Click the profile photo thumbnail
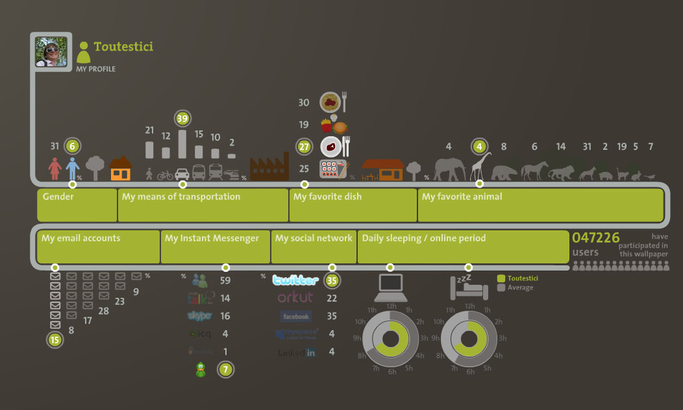click(x=51, y=53)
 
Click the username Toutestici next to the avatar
click(x=123, y=47)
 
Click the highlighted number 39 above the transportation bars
click(x=182, y=118)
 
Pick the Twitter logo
click(x=295, y=281)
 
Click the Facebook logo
click(x=295, y=317)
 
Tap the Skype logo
click(x=200, y=316)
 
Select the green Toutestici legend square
click(x=501, y=278)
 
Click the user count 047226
click(x=595, y=238)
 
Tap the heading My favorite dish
click(x=328, y=197)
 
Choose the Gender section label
click(x=58, y=197)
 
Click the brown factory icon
click(x=269, y=169)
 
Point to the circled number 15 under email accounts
click(x=55, y=339)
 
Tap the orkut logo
click(x=295, y=298)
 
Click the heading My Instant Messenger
click(x=212, y=238)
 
